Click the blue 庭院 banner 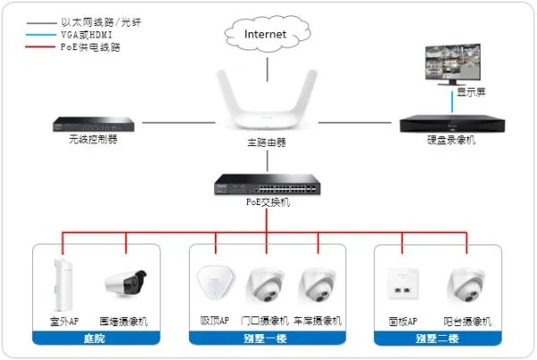click(x=96, y=338)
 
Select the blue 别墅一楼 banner click(x=267, y=338)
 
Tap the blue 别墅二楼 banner click(x=436, y=338)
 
